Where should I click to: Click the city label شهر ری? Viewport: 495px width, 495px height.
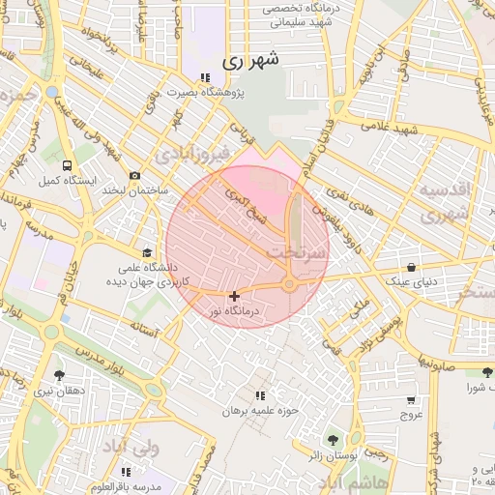[x=250, y=59]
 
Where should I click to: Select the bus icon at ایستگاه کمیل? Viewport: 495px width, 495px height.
[x=66, y=165]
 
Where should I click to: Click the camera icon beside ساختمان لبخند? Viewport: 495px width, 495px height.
[x=134, y=175]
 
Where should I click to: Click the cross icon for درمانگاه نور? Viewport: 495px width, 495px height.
[x=234, y=295]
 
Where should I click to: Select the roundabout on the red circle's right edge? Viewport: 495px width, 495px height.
[x=289, y=283]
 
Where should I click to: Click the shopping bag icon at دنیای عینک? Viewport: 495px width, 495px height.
[x=413, y=267]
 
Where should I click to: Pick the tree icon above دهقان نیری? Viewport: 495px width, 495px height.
[x=59, y=374]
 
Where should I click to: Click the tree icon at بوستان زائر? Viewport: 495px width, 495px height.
[x=335, y=440]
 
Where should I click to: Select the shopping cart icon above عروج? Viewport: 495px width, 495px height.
[x=411, y=399]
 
